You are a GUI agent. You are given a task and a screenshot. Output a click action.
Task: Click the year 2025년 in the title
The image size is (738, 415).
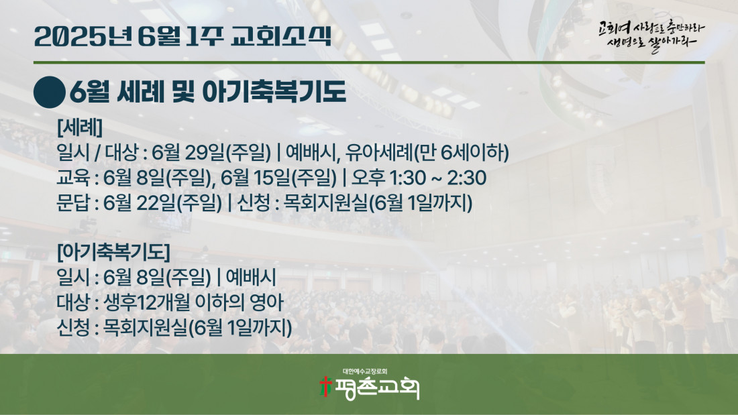pos(83,37)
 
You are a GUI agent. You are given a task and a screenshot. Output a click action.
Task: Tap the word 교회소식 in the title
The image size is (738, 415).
pos(282,36)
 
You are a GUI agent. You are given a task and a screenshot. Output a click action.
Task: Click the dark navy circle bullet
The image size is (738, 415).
pos(50,93)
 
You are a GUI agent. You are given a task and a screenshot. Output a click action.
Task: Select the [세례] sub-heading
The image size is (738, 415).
pos(80,127)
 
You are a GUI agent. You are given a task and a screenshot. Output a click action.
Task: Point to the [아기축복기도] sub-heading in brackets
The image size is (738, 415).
pos(113,252)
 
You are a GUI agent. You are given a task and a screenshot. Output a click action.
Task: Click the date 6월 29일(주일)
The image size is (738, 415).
pos(211,152)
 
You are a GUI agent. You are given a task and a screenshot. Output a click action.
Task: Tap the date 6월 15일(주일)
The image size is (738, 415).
pos(278,178)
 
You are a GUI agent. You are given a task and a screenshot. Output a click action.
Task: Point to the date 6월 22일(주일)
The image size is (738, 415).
pos(163,203)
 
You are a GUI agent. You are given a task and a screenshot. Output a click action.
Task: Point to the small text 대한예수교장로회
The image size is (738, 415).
pos(365,371)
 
